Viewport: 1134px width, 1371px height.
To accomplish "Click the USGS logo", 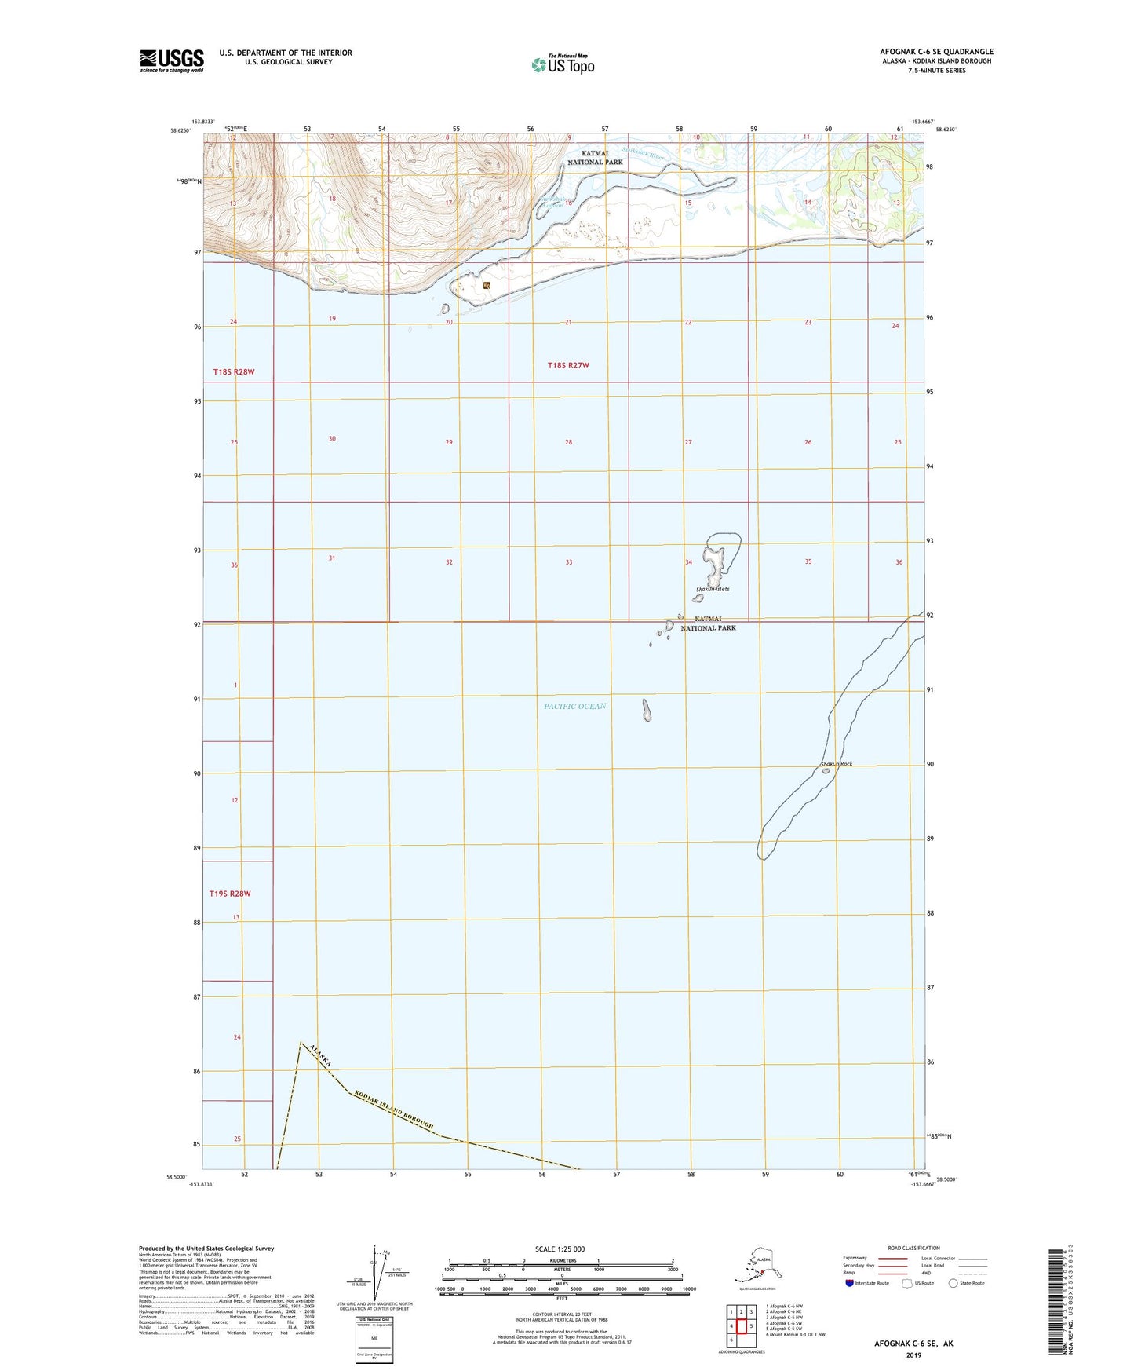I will pyautogui.click(x=171, y=60).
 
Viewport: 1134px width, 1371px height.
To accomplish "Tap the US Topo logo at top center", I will pyautogui.click(x=561, y=64).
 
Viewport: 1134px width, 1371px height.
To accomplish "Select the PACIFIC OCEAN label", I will pyautogui.click(x=574, y=707).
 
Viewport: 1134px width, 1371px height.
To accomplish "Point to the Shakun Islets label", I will pyautogui.click(x=713, y=589).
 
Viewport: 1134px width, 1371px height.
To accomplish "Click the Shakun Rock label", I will pyautogui.click(x=836, y=763).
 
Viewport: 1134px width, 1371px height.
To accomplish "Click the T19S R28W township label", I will pyautogui.click(x=230, y=894).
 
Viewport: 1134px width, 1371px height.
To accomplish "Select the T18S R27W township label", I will pyautogui.click(x=568, y=365).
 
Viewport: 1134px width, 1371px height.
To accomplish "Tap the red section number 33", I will pyautogui.click(x=568, y=562).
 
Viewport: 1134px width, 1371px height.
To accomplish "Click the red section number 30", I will pyautogui.click(x=332, y=439).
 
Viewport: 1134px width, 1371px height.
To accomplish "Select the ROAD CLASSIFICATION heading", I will pyautogui.click(x=913, y=1248).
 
